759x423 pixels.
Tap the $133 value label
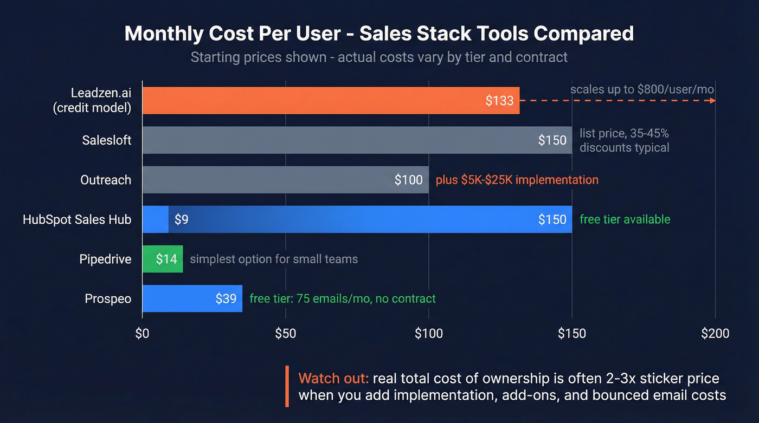pyautogui.click(x=499, y=101)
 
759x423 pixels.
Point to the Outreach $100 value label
pyautogui.click(x=408, y=180)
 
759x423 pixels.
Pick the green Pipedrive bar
pyautogui.click(x=163, y=259)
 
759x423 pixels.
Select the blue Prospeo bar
pyautogui.click(x=192, y=298)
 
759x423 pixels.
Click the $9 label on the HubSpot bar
pyautogui.click(x=181, y=219)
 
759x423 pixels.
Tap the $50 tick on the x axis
pyautogui.click(x=285, y=334)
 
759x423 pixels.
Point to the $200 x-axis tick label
pyautogui.click(x=715, y=334)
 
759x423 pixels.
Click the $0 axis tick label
pyautogui.click(x=142, y=334)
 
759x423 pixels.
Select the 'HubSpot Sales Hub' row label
pyautogui.click(x=77, y=219)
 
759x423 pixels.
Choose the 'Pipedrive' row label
pyautogui.click(x=105, y=259)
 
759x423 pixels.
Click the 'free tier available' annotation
pyautogui.click(x=625, y=219)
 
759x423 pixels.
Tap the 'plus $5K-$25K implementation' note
pyautogui.click(x=517, y=180)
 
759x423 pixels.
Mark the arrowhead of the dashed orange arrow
pyautogui.click(x=712, y=101)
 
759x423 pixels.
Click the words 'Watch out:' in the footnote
pyautogui.click(x=333, y=378)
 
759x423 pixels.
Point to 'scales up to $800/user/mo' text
pyautogui.click(x=642, y=89)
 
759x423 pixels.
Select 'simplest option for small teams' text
pyautogui.click(x=274, y=259)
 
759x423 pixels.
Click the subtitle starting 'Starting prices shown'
pyautogui.click(x=379, y=57)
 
